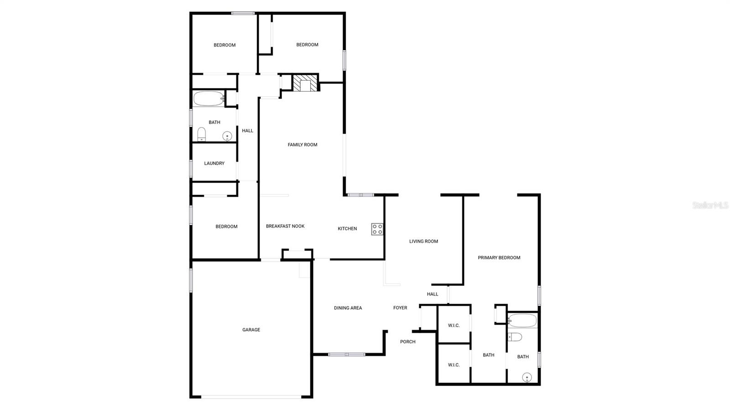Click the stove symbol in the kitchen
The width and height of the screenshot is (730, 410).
point(377,229)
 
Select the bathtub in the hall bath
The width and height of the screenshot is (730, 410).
point(209,99)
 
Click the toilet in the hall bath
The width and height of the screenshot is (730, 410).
point(202,135)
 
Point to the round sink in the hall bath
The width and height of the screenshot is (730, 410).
point(227,136)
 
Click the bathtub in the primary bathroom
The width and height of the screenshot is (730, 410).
point(522,321)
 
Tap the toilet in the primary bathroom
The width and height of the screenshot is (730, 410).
point(515,337)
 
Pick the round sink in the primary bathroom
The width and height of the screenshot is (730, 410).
point(527,377)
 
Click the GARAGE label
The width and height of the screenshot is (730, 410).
point(251,330)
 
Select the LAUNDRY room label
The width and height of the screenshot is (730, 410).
point(214,163)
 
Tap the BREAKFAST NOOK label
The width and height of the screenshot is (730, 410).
point(285,226)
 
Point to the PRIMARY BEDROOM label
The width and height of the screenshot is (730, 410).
point(499,258)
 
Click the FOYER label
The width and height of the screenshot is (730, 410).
point(400,308)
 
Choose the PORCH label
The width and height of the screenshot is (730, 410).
point(407,342)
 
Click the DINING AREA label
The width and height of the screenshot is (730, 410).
point(348,308)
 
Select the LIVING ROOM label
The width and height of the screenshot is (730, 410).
point(423,241)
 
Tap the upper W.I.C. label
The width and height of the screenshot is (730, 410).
point(454,325)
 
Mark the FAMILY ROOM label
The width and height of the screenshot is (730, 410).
point(302,145)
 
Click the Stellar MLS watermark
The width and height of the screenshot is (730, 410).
point(710,206)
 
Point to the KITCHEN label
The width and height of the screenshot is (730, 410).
point(347,228)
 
